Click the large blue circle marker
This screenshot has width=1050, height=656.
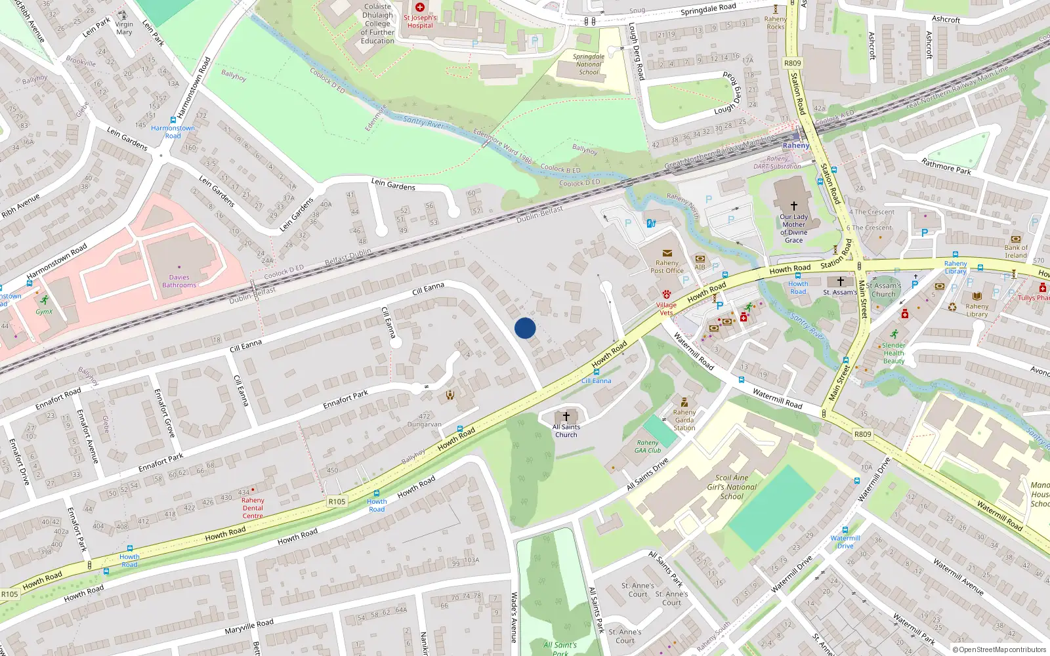[x=525, y=328]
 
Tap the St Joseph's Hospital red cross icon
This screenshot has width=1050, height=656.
[x=420, y=7]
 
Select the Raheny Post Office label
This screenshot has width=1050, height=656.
[x=667, y=267]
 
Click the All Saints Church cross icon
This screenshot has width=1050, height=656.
[x=566, y=417]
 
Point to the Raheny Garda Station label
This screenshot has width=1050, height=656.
[x=684, y=420]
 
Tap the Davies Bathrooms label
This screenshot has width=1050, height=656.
[x=179, y=281]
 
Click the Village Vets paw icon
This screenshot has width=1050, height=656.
[x=666, y=295]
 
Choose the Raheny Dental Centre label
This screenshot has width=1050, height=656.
[x=253, y=508]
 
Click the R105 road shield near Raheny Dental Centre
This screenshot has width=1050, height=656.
[x=337, y=501]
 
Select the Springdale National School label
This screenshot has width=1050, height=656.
[x=589, y=64]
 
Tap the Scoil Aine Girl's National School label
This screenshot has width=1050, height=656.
[x=732, y=487]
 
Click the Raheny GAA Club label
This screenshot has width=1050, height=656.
[x=648, y=447]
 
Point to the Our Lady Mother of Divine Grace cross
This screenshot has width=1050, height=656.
[x=793, y=206]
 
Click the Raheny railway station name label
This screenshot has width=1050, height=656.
[x=796, y=146]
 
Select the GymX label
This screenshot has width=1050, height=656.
[x=44, y=312]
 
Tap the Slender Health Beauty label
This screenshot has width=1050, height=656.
[x=893, y=353]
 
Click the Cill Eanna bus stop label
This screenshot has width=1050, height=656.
[x=597, y=380]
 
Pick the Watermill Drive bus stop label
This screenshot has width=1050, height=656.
[x=845, y=542]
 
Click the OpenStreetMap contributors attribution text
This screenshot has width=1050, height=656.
[x=999, y=650]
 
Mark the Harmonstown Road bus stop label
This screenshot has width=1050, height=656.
[x=173, y=132]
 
